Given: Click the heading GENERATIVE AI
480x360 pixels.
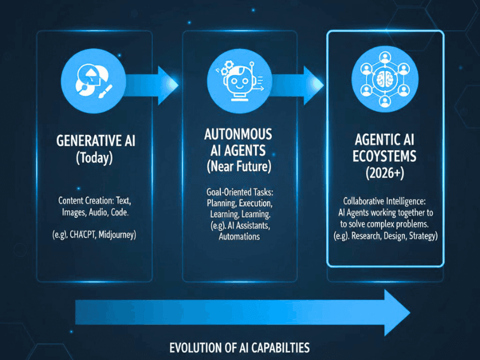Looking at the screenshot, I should click(95, 141).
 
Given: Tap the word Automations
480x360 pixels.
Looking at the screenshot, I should click(239, 236).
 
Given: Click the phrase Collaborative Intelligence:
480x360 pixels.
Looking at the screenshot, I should click(385, 201).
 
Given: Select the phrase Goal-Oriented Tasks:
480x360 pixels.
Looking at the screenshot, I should click(239, 193).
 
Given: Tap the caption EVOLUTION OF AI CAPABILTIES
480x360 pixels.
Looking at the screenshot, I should click(239, 347).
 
